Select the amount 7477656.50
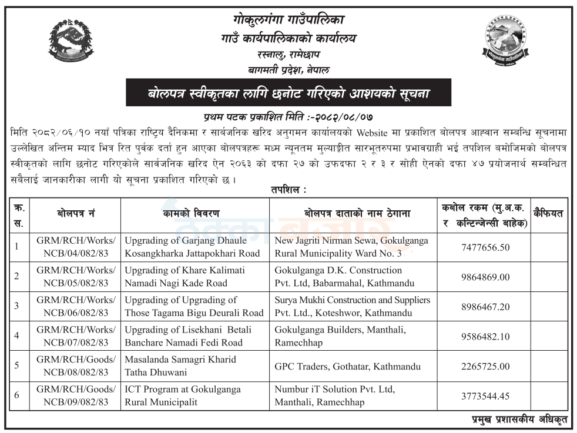(486, 247)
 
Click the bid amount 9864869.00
(486, 277)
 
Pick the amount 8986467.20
(486, 306)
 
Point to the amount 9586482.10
(486, 336)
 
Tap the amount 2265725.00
(486, 366)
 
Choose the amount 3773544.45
(486, 395)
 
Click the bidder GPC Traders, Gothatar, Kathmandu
(347, 366)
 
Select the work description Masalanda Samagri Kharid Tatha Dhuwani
(180, 365)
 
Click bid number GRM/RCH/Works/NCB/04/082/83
(76, 247)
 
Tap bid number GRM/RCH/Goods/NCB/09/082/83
(76, 395)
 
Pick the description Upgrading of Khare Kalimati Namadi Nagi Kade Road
(184, 276)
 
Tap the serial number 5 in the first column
(17, 365)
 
